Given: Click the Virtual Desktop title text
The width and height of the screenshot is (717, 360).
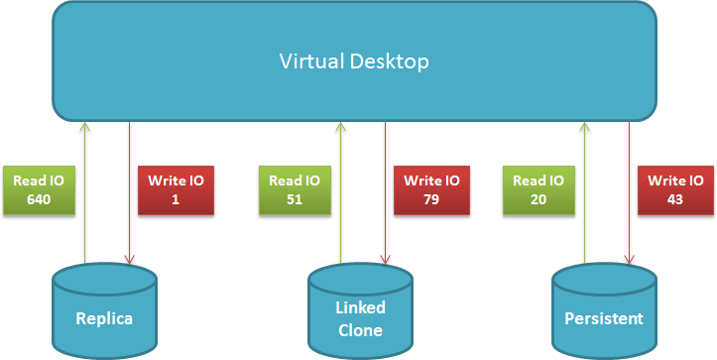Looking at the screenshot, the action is click(354, 61).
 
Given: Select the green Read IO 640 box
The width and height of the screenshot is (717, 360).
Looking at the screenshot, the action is click(39, 190).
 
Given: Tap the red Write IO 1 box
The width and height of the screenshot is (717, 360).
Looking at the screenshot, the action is click(177, 190).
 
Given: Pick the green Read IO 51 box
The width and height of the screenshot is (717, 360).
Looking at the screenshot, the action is click(295, 190).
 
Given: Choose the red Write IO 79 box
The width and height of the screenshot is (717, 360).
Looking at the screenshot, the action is click(431, 190).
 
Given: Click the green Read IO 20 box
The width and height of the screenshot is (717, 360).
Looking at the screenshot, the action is click(538, 190).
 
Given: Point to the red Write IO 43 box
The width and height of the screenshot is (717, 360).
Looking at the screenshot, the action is click(676, 190).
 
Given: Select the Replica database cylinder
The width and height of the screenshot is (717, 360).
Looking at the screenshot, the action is click(105, 311).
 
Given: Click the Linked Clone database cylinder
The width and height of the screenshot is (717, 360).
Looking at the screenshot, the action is click(360, 311).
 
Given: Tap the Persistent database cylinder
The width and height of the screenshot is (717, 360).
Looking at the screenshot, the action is click(604, 311).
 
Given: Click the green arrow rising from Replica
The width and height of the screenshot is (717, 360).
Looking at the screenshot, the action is click(84, 192).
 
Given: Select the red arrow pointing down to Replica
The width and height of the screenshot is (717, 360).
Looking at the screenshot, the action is click(130, 192).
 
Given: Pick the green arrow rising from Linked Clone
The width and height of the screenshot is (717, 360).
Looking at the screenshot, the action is click(341, 192).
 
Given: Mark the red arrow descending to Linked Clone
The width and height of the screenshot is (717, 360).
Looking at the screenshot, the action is click(386, 192).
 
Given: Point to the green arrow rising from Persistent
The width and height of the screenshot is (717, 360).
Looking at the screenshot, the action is click(584, 192).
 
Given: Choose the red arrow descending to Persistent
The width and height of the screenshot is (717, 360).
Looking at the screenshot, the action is click(629, 192).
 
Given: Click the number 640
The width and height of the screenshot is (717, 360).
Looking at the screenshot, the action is click(39, 200).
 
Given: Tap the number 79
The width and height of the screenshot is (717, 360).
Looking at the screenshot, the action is click(431, 200).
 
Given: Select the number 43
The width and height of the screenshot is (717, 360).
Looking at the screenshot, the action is click(675, 200).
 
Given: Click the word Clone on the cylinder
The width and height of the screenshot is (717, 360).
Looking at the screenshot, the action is click(360, 330).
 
